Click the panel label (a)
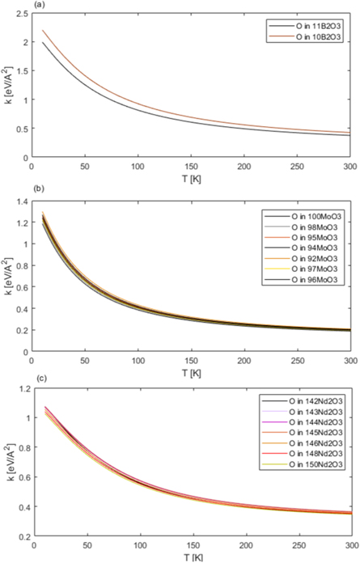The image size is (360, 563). pos(15,6)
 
